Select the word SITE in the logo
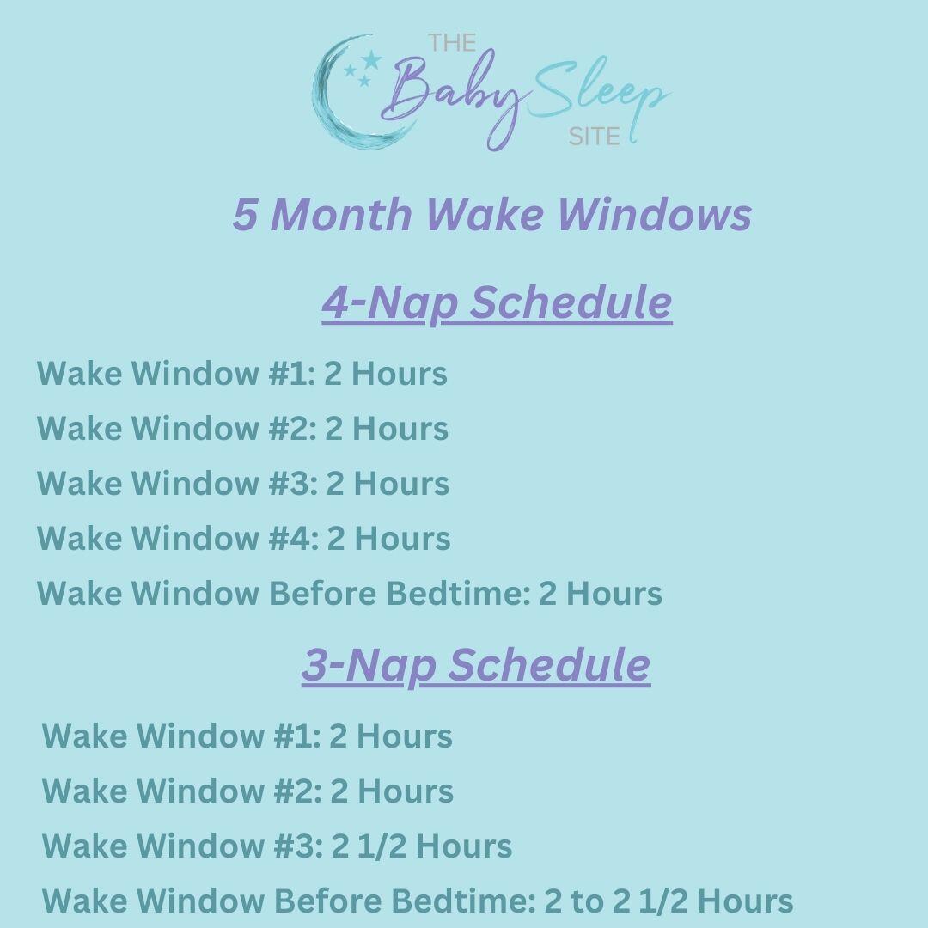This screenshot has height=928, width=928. click(x=594, y=137)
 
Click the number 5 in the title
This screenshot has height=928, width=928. click(x=245, y=214)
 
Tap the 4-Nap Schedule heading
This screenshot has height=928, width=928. click(x=497, y=302)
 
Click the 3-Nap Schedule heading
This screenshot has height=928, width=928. click(x=475, y=665)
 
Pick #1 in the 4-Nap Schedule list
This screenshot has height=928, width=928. click(x=289, y=374)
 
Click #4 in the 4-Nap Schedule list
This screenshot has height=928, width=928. click(x=291, y=539)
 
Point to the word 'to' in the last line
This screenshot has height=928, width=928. click(x=588, y=901)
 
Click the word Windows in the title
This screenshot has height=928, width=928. click(x=654, y=214)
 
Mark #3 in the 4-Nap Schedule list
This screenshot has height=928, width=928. click(x=290, y=484)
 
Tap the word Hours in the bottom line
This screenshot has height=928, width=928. click(x=745, y=901)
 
